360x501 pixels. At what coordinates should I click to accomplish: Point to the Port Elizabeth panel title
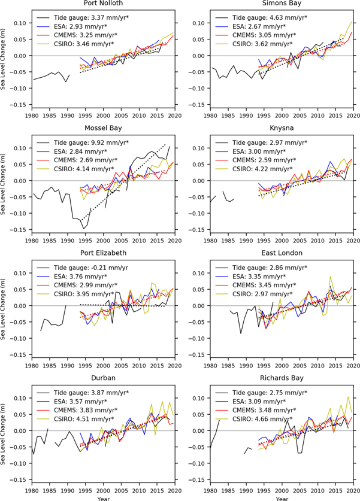(x=102, y=253)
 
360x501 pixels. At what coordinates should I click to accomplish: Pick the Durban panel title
(x=102, y=378)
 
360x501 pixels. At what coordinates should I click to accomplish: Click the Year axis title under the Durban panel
(x=102, y=496)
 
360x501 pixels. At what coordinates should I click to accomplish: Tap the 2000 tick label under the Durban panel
(x=102, y=487)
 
